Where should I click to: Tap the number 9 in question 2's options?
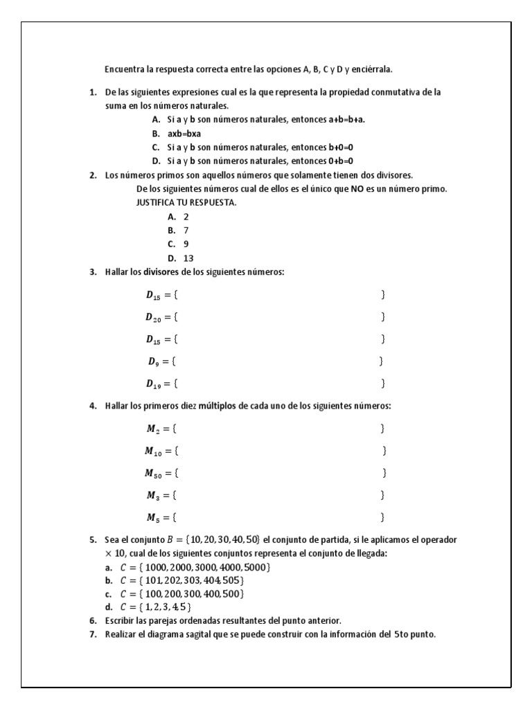[186, 244]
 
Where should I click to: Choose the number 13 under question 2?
[188, 258]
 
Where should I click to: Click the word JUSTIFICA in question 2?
[157, 203]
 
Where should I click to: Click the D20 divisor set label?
[153, 317]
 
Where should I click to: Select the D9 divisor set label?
[153, 361]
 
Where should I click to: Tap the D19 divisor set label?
[153, 384]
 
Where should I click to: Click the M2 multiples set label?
[153, 429]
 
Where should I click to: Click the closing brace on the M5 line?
[383, 517]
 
